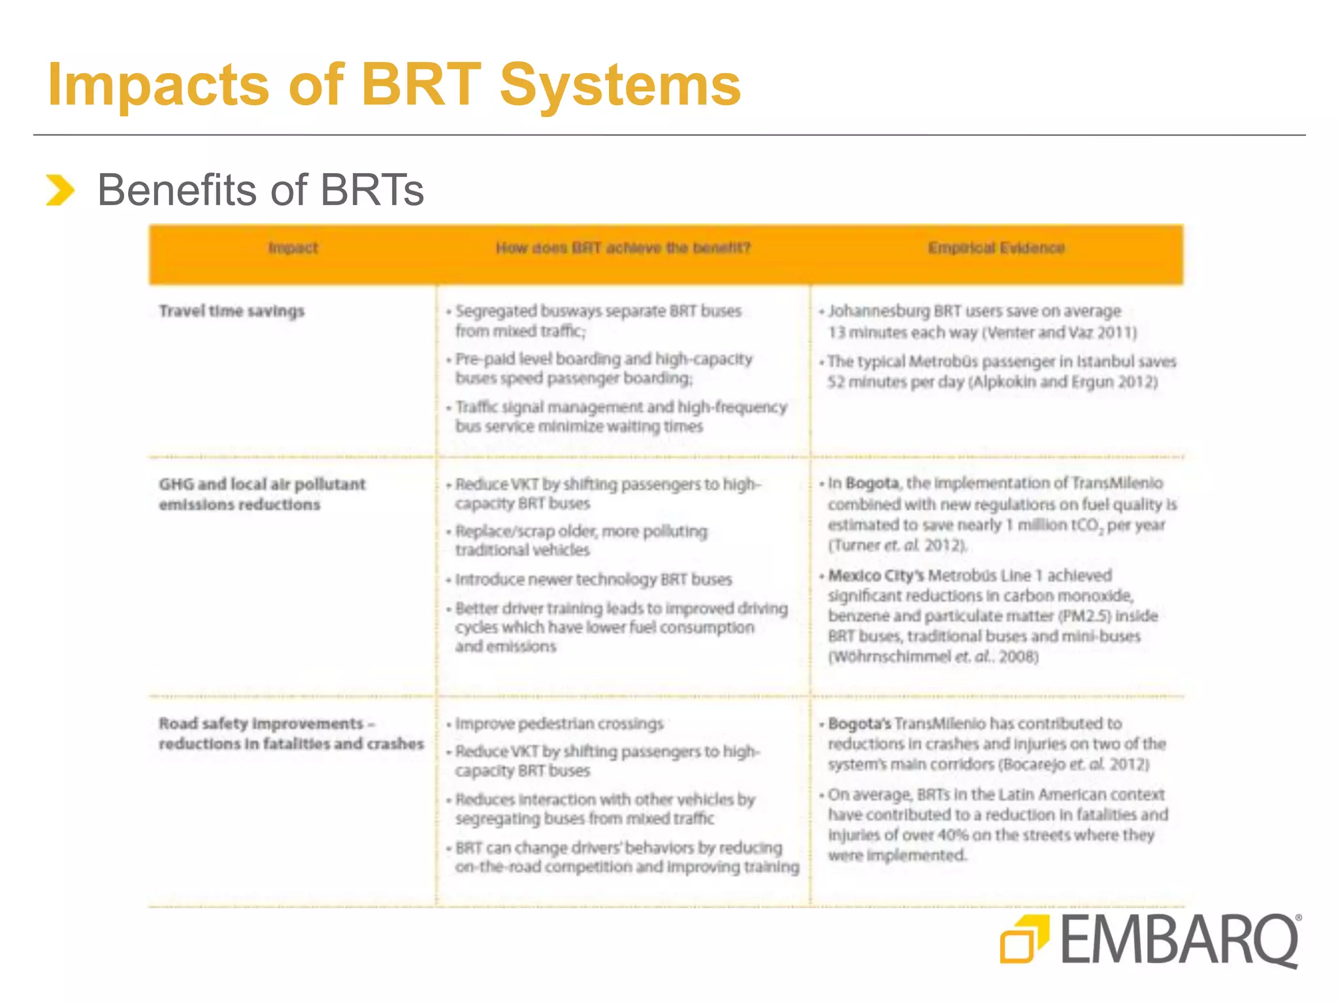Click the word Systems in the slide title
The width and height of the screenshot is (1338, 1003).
(620, 85)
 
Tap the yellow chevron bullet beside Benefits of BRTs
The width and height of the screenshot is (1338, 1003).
(60, 190)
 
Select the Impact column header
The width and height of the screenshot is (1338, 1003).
(293, 248)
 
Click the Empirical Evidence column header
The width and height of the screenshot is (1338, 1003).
(996, 248)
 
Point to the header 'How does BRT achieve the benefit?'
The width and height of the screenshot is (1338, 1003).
(623, 248)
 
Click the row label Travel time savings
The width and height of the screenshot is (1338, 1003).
(232, 311)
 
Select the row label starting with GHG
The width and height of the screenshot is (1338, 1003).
(261, 494)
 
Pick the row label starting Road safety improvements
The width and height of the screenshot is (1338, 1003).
(291, 733)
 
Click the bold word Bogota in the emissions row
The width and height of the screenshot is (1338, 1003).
(872, 483)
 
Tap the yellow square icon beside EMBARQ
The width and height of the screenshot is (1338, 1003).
(1024, 940)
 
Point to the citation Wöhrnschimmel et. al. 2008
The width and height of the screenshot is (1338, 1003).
(933, 657)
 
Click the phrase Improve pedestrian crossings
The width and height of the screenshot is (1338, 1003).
(559, 724)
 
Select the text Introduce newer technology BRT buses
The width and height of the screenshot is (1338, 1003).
(593, 580)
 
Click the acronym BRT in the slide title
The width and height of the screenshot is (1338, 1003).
(421, 85)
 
